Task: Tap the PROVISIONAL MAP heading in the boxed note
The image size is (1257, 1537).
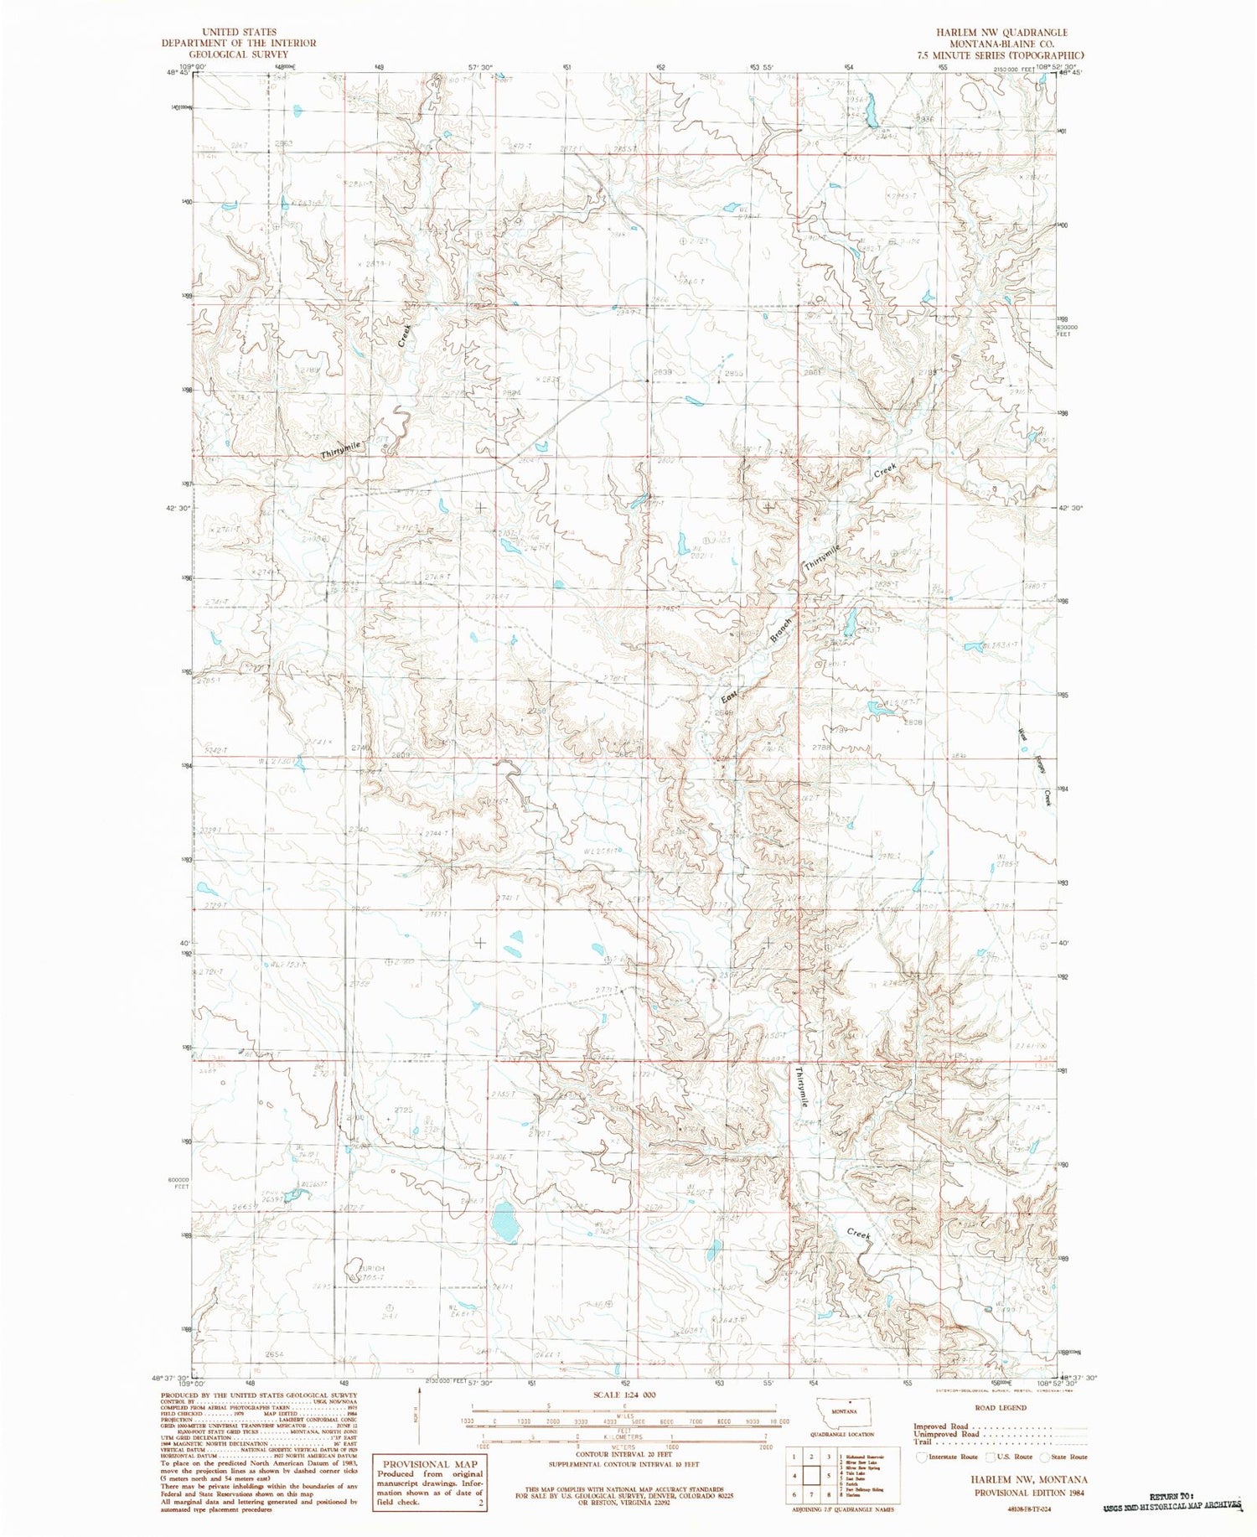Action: tap(429, 1463)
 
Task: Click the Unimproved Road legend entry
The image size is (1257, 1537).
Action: tap(941, 1434)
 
